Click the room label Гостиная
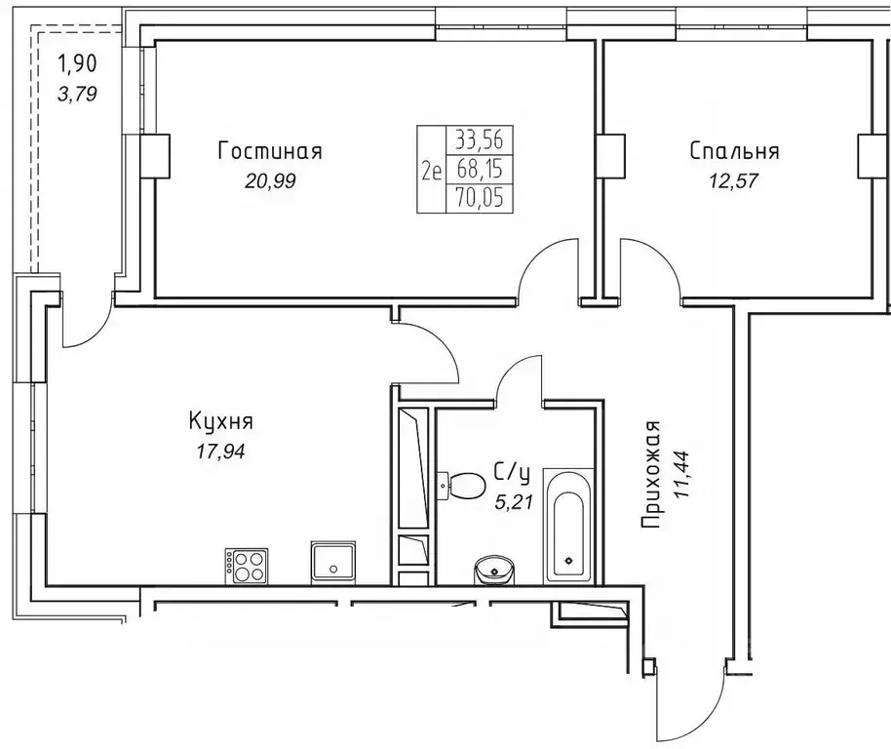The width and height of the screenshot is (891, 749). [270, 151]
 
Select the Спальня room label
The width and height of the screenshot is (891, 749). [733, 151]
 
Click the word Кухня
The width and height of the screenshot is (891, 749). [221, 421]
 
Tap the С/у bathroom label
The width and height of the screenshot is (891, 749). [513, 474]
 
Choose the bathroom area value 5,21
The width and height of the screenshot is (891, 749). [513, 502]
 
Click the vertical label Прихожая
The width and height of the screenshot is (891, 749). [652, 474]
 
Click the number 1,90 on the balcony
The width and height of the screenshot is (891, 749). [77, 66]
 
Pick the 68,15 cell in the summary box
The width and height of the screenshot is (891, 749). [479, 170]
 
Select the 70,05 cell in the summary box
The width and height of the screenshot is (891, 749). [479, 199]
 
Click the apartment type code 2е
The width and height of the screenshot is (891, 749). [431, 170]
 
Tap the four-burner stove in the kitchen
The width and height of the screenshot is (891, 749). [246, 566]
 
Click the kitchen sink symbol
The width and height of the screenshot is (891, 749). [334, 563]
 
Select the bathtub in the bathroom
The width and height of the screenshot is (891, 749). [565, 528]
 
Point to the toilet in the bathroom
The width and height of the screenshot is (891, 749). [464, 483]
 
